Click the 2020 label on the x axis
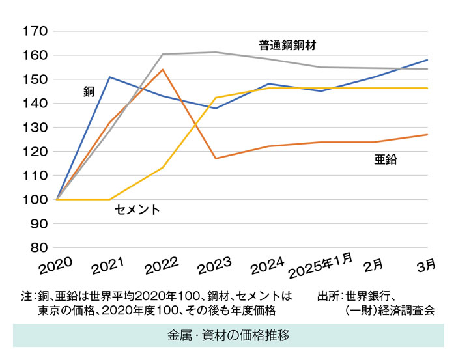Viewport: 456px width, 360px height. (x=55, y=267)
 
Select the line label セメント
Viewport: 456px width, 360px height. (x=137, y=210)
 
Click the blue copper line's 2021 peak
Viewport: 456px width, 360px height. (x=109, y=77)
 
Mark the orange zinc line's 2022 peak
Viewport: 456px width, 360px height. (x=162, y=69)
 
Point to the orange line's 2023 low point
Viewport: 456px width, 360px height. (x=215, y=158)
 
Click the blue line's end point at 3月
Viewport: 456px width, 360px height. (x=427, y=60)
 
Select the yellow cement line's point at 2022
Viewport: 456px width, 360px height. (x=162, y=168)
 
